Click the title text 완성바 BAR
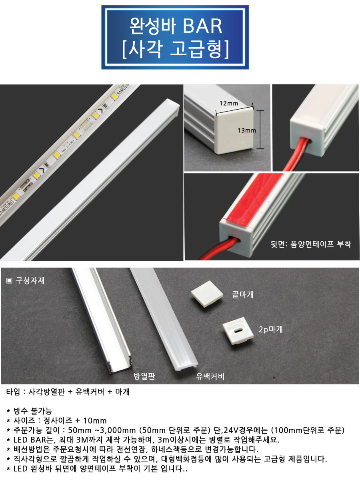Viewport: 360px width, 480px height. [176, 26]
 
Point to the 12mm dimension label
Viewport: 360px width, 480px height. [229, 103]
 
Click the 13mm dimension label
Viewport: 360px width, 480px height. [247, 130]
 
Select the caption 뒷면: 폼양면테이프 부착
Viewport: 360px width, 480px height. [311, 244]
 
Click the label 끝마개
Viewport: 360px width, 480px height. [243, 294]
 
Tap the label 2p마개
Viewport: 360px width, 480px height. [271, 329]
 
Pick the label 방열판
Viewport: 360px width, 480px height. [144, 376]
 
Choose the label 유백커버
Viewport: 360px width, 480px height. [210, 376]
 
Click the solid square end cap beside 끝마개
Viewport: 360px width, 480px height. [207, 294]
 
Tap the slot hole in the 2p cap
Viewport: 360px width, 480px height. [238, 330]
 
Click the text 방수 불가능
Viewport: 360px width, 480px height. [33, 411]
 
